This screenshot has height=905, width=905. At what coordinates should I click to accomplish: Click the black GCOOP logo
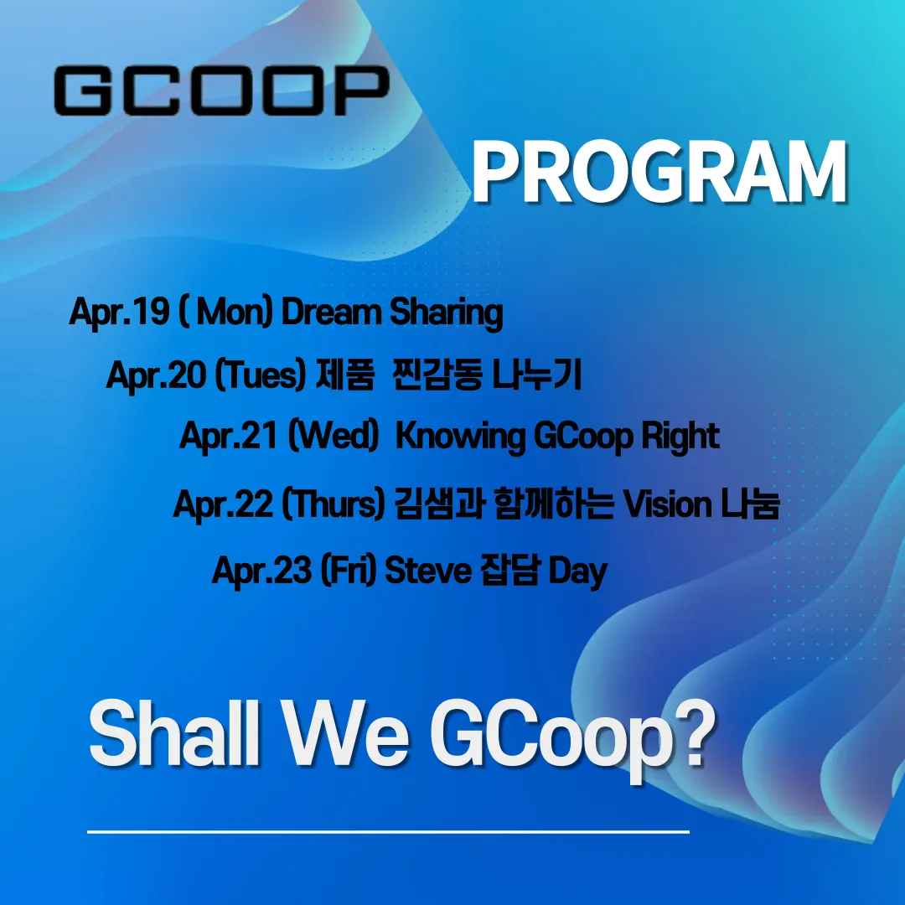[x=221, y=90]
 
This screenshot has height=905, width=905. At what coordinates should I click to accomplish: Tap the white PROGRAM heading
[x=659, y=172]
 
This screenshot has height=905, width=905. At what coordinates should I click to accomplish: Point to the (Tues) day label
[x=260, y=375]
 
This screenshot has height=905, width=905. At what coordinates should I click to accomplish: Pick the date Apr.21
[x=229, y=436]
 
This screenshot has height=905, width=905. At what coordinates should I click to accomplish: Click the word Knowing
[x=460, y=437]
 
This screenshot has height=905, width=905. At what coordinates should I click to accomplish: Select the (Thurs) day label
[x=333, y=504]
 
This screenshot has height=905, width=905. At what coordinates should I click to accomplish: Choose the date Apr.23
[x=262, y=571]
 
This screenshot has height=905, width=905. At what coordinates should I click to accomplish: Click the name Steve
[x=428, y=571]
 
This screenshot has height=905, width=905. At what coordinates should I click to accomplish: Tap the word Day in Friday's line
[x=577, y=572]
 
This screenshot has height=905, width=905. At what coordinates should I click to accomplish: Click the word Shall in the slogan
[x=174, y=733]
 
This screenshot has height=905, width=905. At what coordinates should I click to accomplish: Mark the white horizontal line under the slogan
[x=389, y=832]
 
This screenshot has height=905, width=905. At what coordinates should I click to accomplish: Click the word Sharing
[x=446, y=313]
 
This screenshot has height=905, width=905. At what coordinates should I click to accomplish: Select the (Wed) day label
[x=333, y=436]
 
